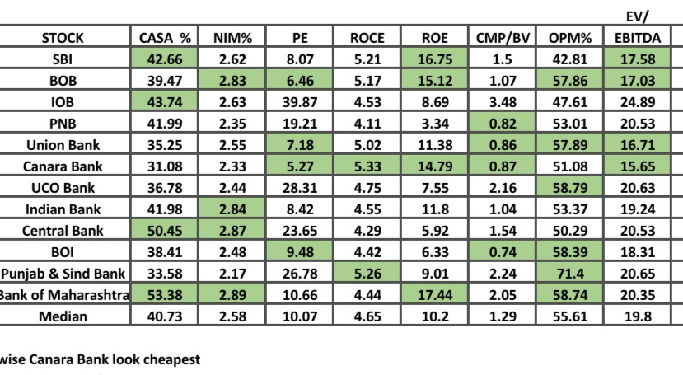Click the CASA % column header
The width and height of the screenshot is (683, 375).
[x=165, y=38]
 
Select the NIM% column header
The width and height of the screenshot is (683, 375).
[x=232, y=38]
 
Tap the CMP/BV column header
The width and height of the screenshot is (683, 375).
[x=503, y=38]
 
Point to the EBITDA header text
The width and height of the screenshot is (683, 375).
[x=638, y=38]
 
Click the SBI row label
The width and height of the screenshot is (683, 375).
[x=63, y=59]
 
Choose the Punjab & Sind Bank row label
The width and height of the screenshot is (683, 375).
[x=63, y=274]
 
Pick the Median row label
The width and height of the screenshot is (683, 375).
[x=63, y=316]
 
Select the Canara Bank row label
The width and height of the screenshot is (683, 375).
[x=63, y=166]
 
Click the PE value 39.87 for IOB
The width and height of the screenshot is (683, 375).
[x=300, y=102]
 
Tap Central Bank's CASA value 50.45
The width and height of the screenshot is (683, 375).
[x=165, y=231]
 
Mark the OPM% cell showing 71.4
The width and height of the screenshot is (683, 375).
[x=570, y=274]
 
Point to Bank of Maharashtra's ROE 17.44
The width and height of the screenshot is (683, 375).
[x=435, y=295]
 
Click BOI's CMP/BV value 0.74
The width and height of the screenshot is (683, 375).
[x=503, y=252]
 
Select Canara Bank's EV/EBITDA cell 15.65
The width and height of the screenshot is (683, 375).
[x=638, y=166]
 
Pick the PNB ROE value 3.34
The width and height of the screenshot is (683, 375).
[x=435, y=124]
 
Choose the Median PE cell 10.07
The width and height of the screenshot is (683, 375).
[x=300, y=316]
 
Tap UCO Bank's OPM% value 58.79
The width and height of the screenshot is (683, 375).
[x=570, y=188]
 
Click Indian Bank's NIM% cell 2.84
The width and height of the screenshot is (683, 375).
[x=232, y=209]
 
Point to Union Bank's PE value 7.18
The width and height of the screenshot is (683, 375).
[x=300, y=145]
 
